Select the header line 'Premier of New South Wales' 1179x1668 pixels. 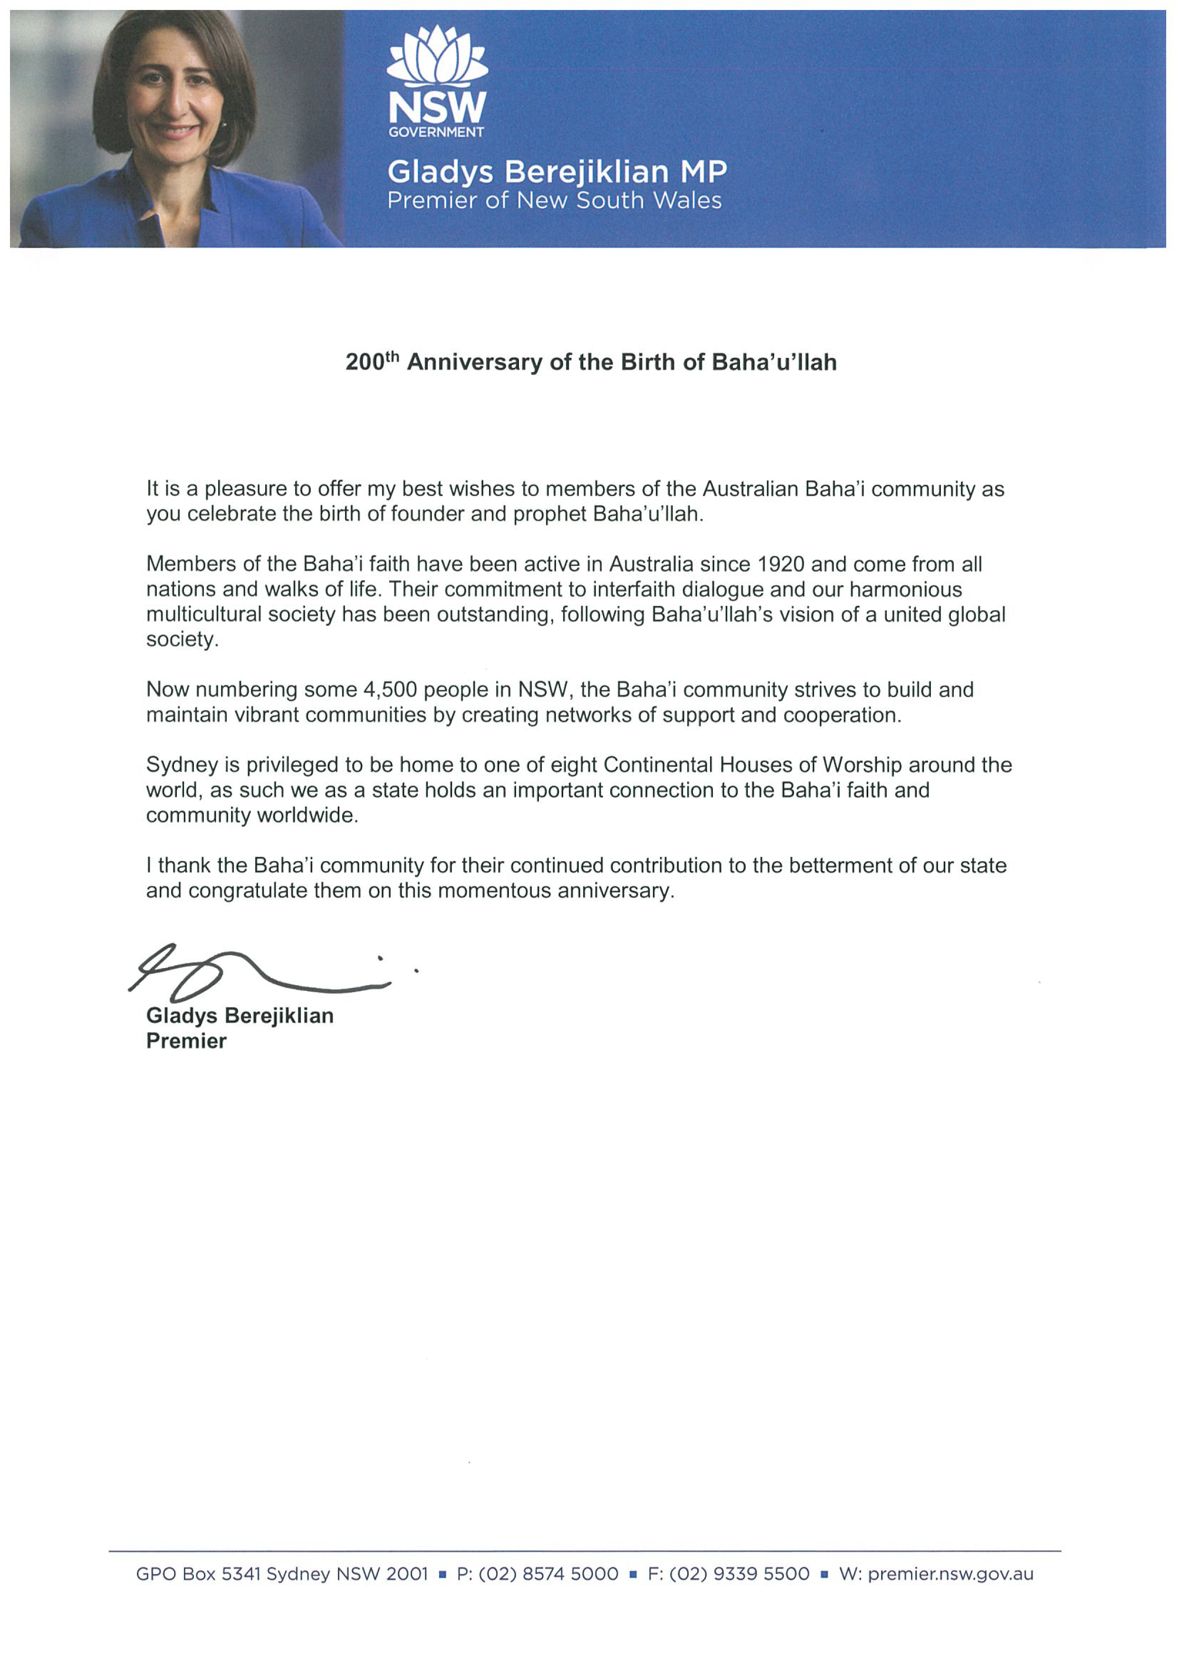click(x=554, y=201)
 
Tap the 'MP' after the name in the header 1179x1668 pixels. click(x=703, y=172)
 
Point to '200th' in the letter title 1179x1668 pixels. click(x=372, y=361)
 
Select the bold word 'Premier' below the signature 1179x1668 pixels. click(x=186, y=1041)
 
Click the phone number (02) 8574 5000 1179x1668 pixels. click(x=537, y=1574)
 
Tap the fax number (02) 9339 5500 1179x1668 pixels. click(x=728, y=1574)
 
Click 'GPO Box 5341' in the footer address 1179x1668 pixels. click(x=198, y=1574)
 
